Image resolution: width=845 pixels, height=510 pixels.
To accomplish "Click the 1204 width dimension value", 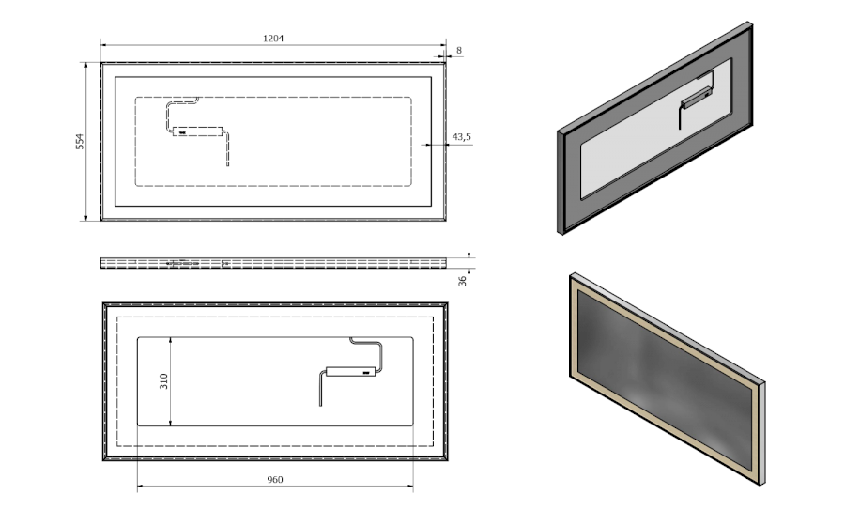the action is (273, 39).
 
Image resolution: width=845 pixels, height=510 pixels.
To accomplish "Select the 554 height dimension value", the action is (80, 141).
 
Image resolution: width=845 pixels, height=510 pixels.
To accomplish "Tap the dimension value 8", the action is (459, 50).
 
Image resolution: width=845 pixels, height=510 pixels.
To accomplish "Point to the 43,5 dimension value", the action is (461, 137).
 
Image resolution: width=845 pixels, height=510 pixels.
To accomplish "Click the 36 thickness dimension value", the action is (462, 281).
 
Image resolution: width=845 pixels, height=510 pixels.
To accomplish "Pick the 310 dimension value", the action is (163, 381).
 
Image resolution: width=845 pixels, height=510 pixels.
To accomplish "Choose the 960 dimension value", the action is (275, 479).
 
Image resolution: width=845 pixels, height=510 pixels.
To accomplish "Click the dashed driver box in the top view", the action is (197, 131).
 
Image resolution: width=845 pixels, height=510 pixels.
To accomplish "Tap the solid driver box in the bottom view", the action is (351, 371).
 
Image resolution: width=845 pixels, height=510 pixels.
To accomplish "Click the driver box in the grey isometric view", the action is (696, 98).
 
